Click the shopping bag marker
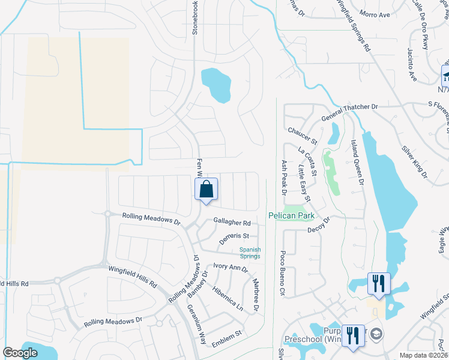[206, 190]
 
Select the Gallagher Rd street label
[231, 223]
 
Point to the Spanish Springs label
[250, 253]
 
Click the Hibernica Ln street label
[228, 298]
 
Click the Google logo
[20, 353]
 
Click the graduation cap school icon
[377, 334]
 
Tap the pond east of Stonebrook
[215, 83]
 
